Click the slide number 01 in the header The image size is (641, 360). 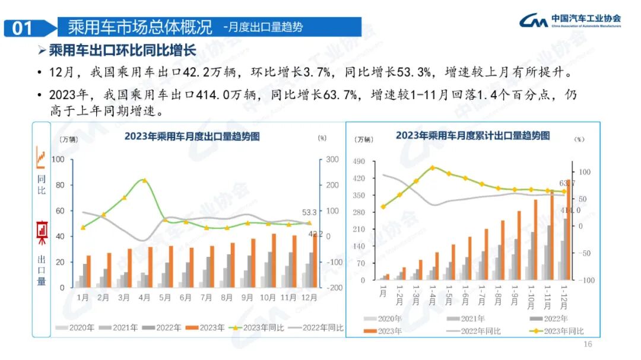pos(23,28)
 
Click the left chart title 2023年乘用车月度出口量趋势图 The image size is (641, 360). pos(192,136)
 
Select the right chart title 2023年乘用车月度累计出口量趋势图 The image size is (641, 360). pos(472,135)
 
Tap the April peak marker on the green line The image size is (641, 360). pos(144,180)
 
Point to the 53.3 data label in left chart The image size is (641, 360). pos(310,212)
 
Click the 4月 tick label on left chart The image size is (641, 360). pos(144,297)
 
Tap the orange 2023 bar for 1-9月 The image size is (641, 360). pos(519,245)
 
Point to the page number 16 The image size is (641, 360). pos(588,345)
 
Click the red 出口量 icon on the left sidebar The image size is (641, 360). pos(42,232)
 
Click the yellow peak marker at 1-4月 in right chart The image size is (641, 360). pos(432,168)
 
